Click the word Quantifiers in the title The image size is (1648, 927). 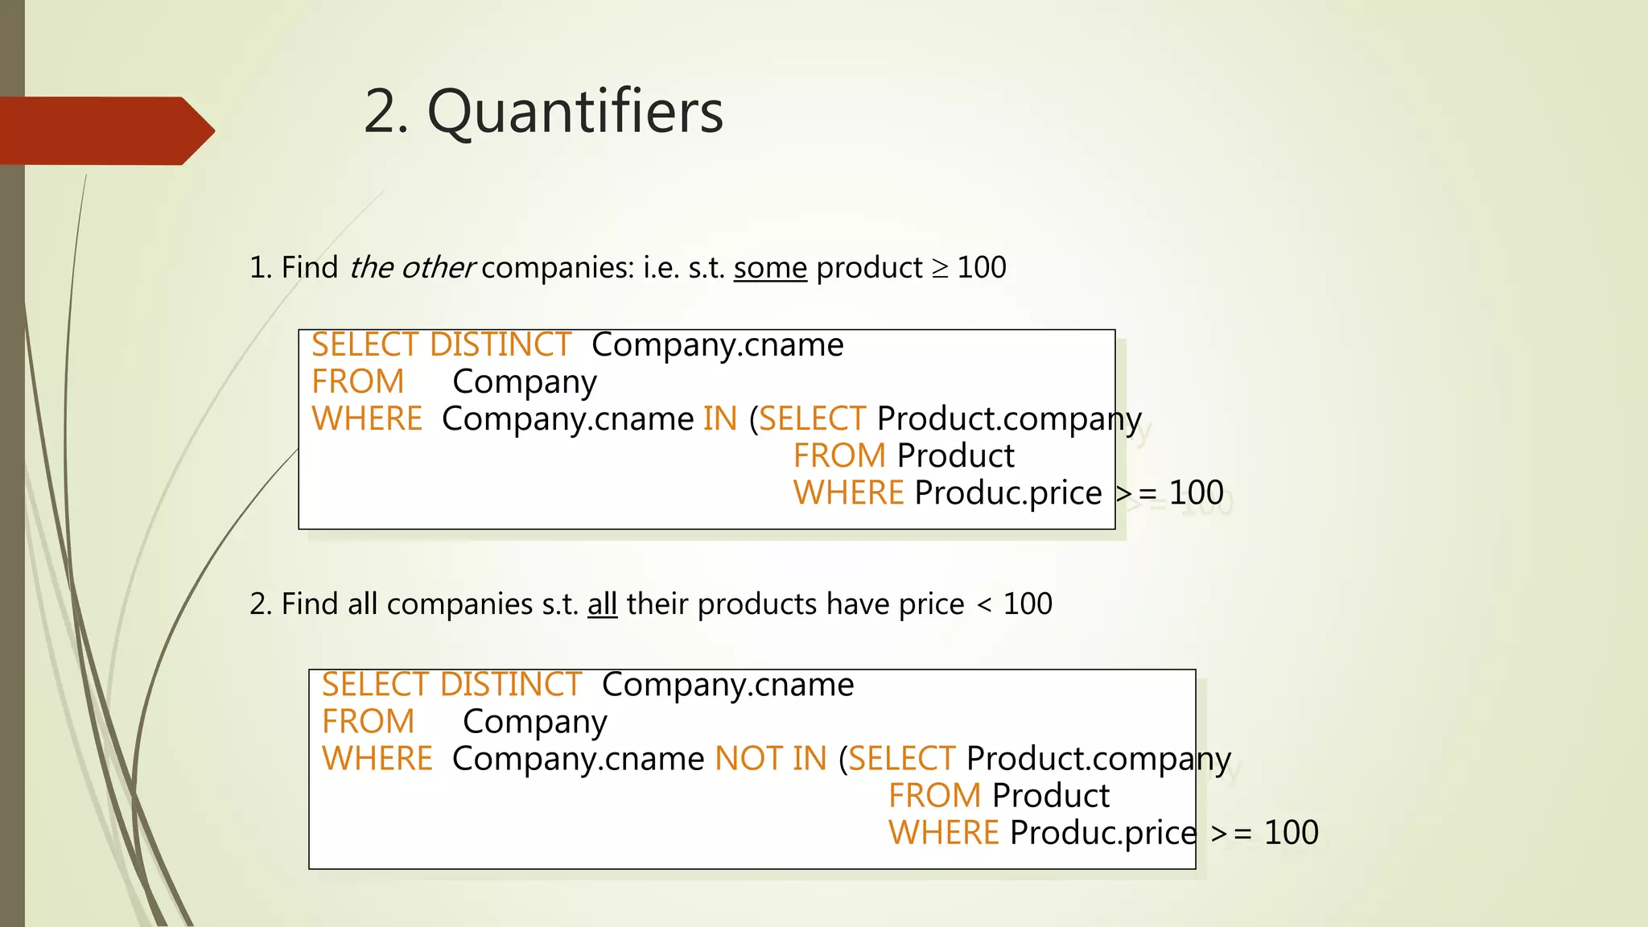tap(575, 112)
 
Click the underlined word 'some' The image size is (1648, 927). tap(770, 268)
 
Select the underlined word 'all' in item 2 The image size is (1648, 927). tap(602, 604)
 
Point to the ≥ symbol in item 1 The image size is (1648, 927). tap(939, 268)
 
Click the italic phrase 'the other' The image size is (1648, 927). tap(412, 268)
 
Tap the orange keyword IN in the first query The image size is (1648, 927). tap(719, 419)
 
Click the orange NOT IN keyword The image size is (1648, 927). tap(770, 759)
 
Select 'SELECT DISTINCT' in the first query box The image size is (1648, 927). tap(441, 345)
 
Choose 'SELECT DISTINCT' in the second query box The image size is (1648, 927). tap(451, 685)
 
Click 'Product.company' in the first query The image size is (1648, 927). tap(1009, 419)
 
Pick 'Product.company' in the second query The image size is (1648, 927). tap(1098, 759)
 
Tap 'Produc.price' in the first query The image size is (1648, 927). tap(1007, 493)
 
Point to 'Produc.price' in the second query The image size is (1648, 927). tap(1103, 833)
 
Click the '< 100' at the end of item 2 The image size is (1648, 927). tap(1014, 604)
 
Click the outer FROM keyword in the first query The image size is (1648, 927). tap(357, 382)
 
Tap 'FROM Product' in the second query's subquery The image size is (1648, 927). tap(999, 796)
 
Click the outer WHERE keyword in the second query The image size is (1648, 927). tap(377, 759)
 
